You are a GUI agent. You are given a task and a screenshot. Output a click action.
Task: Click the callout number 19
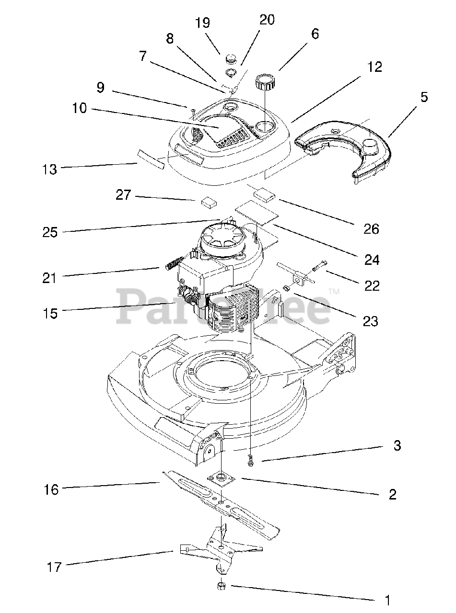point(203,23)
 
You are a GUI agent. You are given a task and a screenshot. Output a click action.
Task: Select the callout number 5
point(424,98)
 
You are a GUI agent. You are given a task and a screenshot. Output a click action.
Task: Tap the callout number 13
point(49,169)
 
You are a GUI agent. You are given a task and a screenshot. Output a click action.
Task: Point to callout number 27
point(123,195)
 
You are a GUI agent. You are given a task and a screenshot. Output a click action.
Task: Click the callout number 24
point(372,260)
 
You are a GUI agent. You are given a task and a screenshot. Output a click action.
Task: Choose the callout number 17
point(54,568)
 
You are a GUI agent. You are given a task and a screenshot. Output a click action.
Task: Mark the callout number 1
point(387,600)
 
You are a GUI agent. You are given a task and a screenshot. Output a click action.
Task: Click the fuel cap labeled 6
point(265,82)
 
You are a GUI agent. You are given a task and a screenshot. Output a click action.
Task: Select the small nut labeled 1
point(222,586)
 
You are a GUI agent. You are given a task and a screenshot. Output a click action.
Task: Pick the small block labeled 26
point(264,194)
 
